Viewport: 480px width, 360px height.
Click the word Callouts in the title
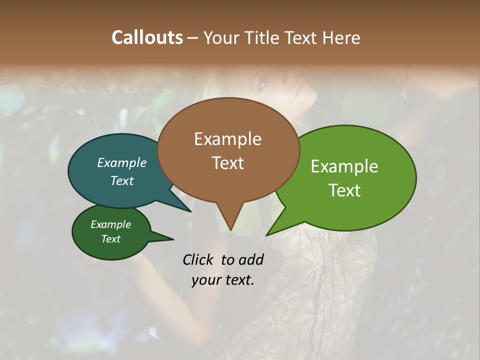click(x=147, y=37)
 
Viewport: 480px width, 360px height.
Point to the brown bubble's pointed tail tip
click(x=230, y=230)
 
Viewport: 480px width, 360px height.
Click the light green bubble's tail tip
click(x=266, y=235)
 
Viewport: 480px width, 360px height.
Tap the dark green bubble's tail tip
click(x=173, y=239)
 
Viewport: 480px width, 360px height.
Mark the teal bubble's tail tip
click(x=191, y=211)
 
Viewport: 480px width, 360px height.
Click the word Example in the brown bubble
click(x=227, y=139)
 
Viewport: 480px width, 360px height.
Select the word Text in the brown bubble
click(x=227, y=163)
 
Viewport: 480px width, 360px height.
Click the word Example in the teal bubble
click(x=121, y=162)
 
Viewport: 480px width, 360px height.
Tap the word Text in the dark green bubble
click(x=110, y=239)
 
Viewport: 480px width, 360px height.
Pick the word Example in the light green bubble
click(x=344, y=166)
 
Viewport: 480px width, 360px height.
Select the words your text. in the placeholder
click(x=222, y=280)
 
